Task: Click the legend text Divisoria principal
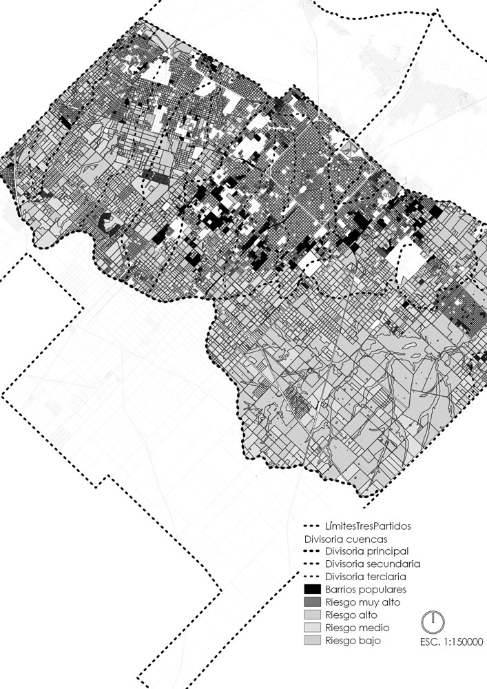tap(368, 551)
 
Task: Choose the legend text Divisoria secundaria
tap(372, 564)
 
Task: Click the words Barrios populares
tap(366, 589)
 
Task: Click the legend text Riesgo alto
tap(352, 615)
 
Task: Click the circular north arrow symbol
tap(433, 622)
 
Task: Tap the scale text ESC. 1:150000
tap(450, 642)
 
